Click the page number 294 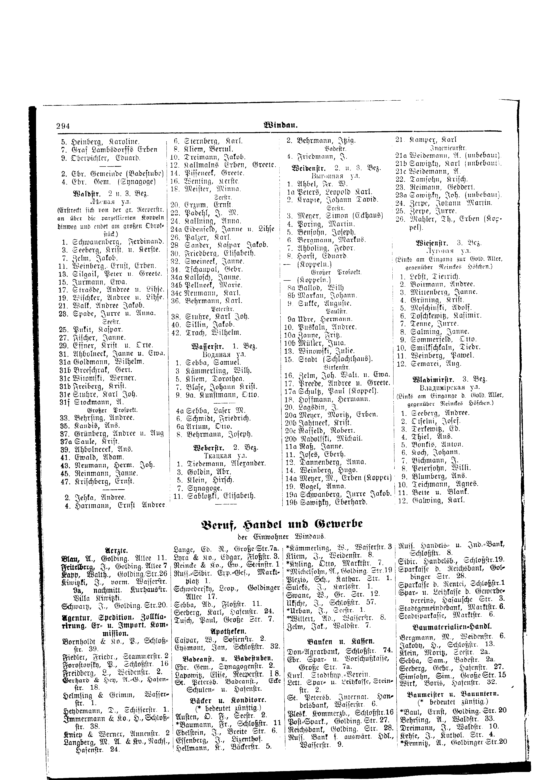[x=63, y=126]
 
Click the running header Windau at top [x=281, y=125]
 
